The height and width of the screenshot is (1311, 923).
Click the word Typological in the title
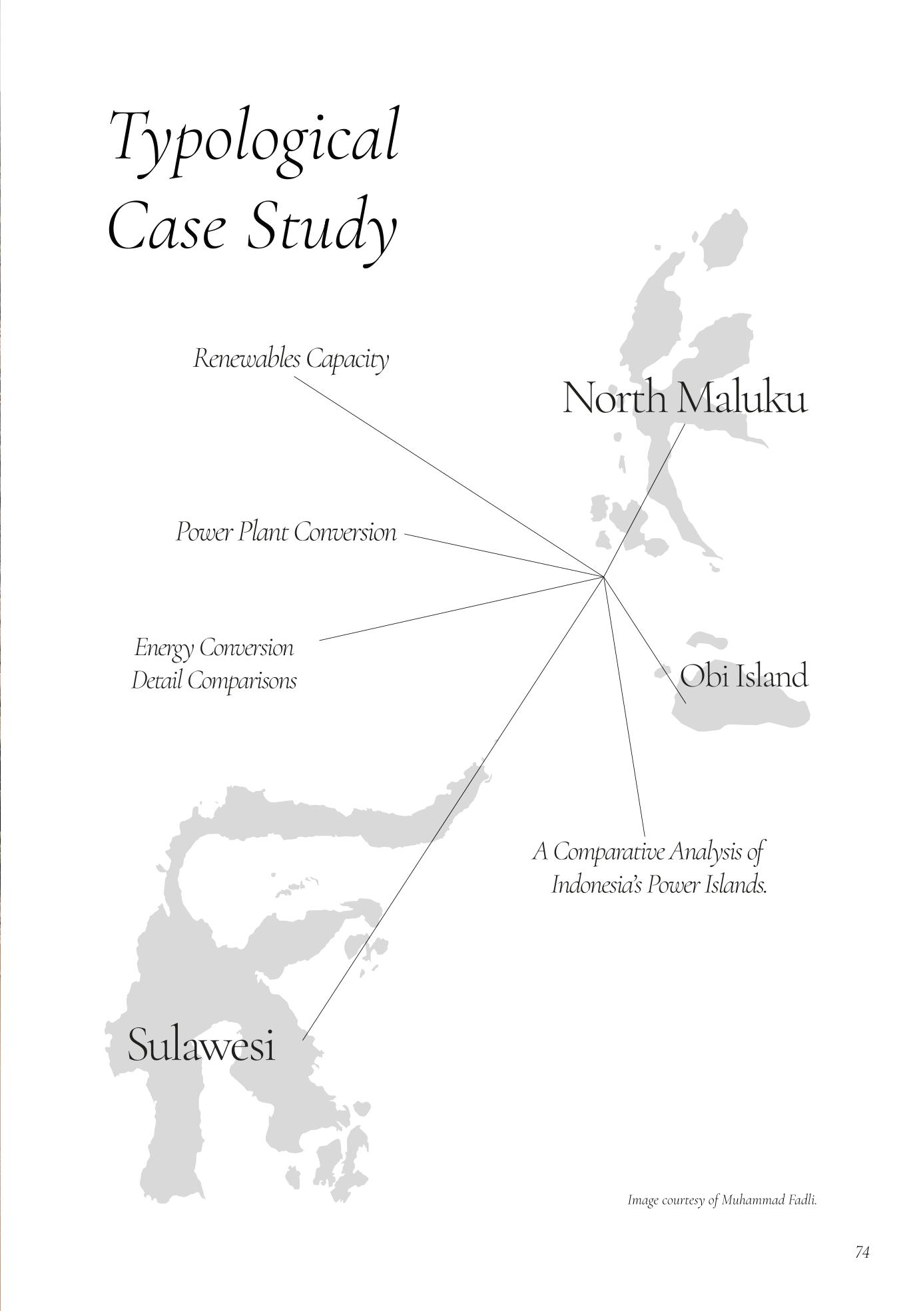tap(255, 137)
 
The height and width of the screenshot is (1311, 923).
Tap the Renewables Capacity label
tap(291, 360)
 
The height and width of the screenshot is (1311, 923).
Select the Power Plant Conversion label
tap(286, 533)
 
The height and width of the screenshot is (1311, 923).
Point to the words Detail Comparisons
tap(214, 680)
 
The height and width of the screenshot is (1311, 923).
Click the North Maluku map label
tap(685, 399)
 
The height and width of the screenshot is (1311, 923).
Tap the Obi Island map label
tap(743, 676)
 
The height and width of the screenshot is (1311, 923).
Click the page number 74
tap(862, 1252)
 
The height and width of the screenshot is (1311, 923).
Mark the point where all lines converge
tap(603, 576)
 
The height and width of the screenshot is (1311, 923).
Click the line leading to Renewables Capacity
tap(449, 476)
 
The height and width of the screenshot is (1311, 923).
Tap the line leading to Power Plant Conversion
tap(503, 555)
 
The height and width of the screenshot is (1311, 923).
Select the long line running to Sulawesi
tap(453, 808)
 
